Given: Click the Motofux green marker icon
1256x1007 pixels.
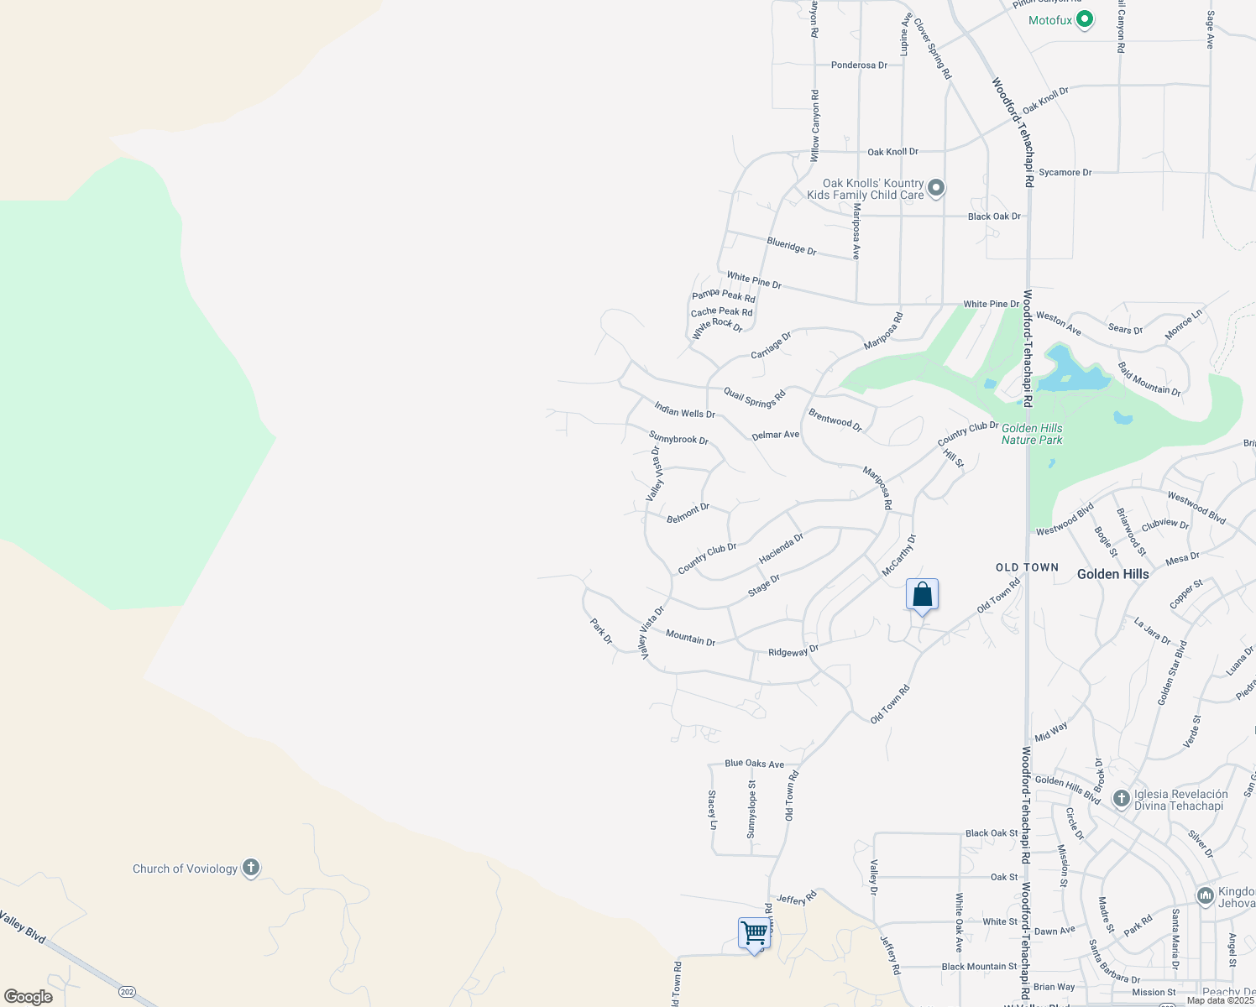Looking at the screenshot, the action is pos(1084,19).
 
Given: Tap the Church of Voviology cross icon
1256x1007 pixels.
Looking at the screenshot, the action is pos(250,868).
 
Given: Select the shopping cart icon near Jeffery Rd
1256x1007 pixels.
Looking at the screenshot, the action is pos(754,932).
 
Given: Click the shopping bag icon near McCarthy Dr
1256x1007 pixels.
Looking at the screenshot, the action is pos(922,595).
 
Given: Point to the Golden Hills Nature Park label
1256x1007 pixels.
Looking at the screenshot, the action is pos(1032,434).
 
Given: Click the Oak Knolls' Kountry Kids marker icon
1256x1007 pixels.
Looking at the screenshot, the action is pos(936,188).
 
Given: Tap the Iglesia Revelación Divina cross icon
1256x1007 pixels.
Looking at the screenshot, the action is pos(1121,798).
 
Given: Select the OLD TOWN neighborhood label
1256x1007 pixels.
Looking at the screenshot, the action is pos(1027,567).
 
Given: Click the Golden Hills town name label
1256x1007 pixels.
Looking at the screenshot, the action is pos(1112,574).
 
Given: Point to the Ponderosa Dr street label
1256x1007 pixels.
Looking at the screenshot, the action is pos(859,65).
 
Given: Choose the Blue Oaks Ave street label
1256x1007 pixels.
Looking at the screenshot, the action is pos(754,764).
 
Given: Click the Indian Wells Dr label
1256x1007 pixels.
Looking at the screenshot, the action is pos(685,410).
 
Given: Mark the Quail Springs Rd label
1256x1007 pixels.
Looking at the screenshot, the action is pos(754,398).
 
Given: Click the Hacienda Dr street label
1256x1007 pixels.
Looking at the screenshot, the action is pos(781,548).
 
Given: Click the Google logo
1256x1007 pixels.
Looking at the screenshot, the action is pos(29,996).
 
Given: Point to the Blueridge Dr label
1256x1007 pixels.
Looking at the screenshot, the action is pos(791,246).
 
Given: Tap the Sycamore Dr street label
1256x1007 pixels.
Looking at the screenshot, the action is pos(1065,172).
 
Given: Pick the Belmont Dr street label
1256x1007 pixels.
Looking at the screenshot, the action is pos(688,513).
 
